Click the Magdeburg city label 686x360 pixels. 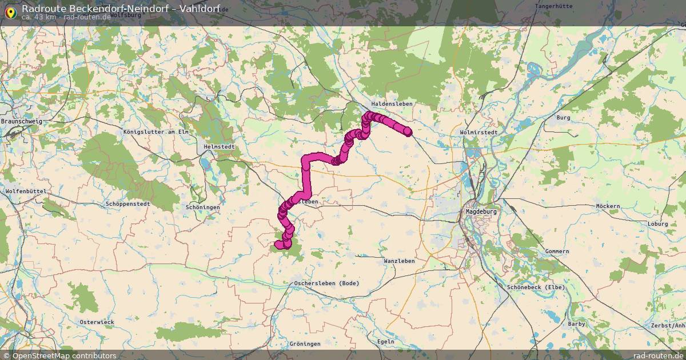tap(480, 211)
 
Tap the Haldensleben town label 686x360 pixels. tap(392, 103)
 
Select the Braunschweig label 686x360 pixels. tap(21, 122)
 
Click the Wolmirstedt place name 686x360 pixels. tap(478, 132)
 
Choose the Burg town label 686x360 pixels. tap(563, 117)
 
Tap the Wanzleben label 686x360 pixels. tap(400, 261)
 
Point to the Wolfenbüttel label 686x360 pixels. tap(25, 191)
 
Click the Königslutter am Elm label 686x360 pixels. tap(155, 132)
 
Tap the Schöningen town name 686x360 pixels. tap(202, 207)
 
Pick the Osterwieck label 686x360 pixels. tap(97, 322)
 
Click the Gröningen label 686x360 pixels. tap(305, 343)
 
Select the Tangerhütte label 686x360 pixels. tap(553, 6)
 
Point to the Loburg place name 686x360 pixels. tap(657, 224)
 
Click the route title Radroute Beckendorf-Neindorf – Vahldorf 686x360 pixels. tap(121, 8)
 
